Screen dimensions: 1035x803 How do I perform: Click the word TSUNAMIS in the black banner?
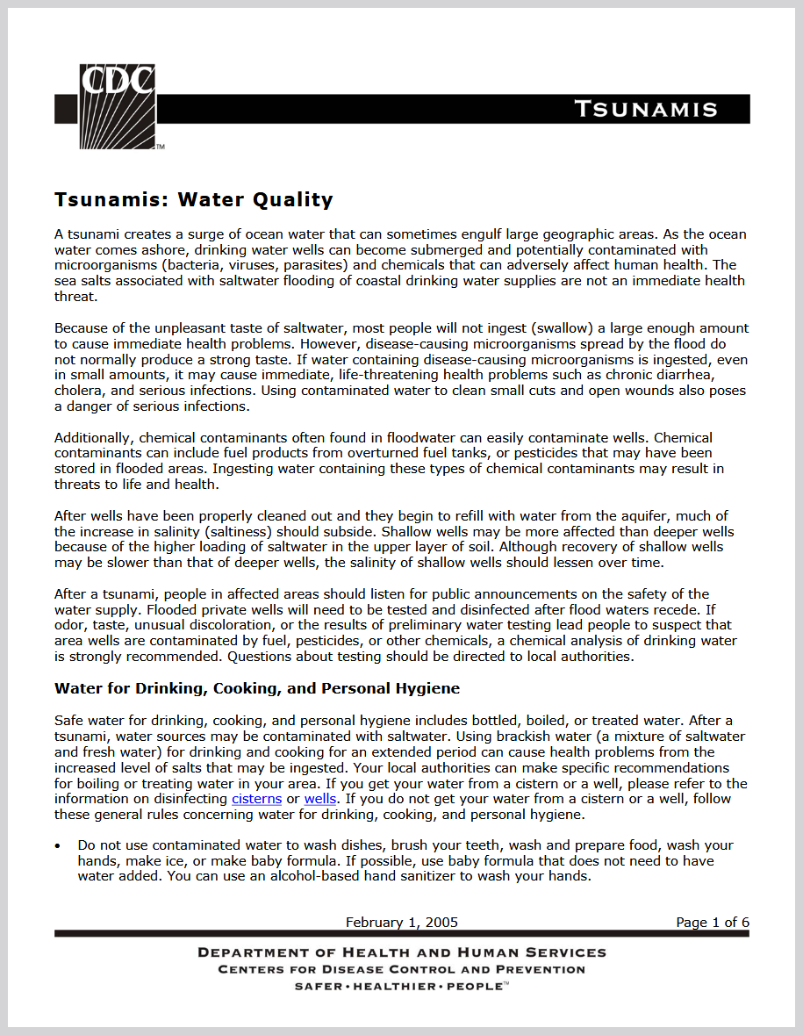point(646,109)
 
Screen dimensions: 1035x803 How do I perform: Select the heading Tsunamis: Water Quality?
point(194,199)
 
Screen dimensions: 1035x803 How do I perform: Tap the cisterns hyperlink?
point(256,799)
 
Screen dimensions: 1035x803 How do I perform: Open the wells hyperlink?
point(320,799)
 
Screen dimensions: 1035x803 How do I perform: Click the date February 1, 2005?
point(401,922)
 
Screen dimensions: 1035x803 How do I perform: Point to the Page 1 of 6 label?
point(712,922)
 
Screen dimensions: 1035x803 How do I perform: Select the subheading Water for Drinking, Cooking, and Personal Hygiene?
point(257,688)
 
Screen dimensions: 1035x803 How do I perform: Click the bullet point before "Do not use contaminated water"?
point(58,846)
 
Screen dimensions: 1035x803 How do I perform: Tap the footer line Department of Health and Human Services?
point(401,952)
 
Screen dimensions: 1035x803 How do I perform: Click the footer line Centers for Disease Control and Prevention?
point(401,970)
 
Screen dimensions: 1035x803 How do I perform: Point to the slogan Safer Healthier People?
point(401,986)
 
